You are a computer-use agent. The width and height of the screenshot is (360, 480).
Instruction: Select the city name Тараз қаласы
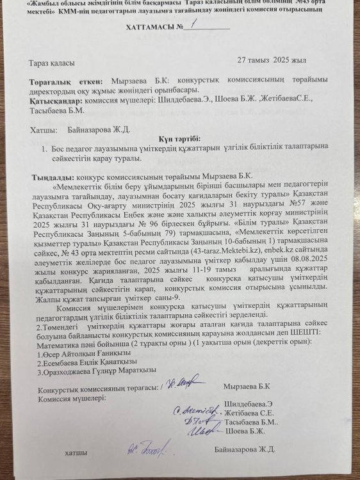52,63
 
